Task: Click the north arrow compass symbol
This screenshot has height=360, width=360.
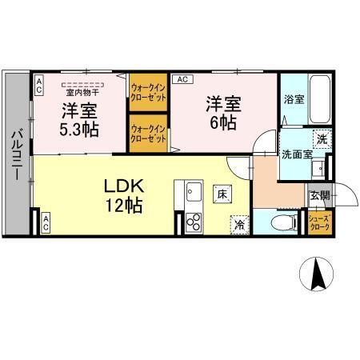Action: pyautogui.click(x=317, y=274)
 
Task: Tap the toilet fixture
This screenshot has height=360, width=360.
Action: pyautogui.click(x=284, y=222)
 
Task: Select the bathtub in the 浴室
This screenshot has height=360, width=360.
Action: pyautogui.click(x=320, y=99)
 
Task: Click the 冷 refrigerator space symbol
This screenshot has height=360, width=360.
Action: pyautogui.click(x=239, y=225)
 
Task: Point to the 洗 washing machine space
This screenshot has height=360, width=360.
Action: pyautogui.click(x=322, y=138)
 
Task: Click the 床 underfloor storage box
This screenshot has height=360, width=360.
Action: pyautogui.click(x=222, y=194)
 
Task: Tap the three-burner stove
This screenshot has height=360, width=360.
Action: pyautogui.click(x=194, y=222)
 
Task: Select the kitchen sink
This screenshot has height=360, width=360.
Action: pyautogui.click(x=194, y=192)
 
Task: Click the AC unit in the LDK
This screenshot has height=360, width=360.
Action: pyautogui.click(x=46, y=222)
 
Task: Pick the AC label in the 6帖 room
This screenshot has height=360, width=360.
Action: pyautogui.click(x=182, y=79)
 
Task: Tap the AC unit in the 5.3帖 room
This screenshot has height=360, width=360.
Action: pyautogui.click(x=38, y=85)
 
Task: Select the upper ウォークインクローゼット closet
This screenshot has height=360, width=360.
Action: pyautogui.click(x=148, y=92)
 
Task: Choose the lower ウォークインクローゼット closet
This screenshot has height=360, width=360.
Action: pyautogui.click(x=148, y=134)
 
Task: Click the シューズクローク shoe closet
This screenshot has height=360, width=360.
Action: pyautogui.click(x=320, y=223)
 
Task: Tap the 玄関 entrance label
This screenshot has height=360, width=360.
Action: pyautogui.click(x=319, y=196)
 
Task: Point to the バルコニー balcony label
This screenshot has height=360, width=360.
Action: pyautogui.click(x=17, y=155)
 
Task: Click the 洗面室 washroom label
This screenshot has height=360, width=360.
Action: pyautogui.click(x=297, y=154)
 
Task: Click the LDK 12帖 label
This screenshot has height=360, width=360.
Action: pyautogui.click(x=124, y=196)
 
